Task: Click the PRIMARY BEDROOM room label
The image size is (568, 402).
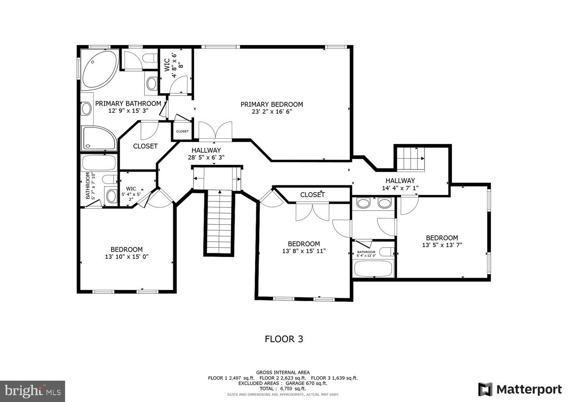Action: coord(272,105)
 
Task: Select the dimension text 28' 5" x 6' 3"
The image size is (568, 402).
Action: coord(206,158)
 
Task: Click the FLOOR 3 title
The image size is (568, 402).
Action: coord(284,339)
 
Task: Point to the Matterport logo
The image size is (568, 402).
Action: coord(520,390)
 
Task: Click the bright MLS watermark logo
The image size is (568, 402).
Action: coord(32,391)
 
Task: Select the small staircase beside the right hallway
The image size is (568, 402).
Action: coord(411,159)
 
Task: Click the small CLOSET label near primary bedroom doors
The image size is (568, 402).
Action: coord(182,131)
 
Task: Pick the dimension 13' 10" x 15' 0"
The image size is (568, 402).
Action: coord(127,256)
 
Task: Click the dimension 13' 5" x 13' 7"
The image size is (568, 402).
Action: coord(442,245)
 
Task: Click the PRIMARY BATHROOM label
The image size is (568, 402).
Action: coord(128,104)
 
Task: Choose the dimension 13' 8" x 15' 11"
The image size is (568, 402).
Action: coord(304,251)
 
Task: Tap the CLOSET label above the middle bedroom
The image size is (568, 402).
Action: coord(312,195)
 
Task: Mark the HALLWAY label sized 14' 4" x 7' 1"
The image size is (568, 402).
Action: coord(400,181)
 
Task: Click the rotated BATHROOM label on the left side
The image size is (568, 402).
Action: coord(88,186)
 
